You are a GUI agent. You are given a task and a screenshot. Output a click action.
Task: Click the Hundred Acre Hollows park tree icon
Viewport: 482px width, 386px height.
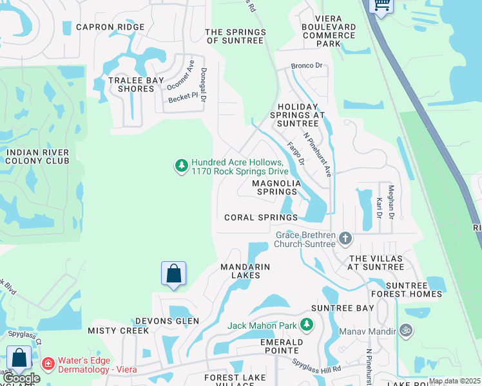pyautogui.click(x=182, y=166)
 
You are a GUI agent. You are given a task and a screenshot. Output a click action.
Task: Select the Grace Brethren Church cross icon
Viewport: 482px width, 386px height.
pyautogui.click(x=345, y=239)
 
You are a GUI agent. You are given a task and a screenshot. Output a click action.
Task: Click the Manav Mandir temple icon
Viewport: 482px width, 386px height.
pyautogui.click(x=405, y=331)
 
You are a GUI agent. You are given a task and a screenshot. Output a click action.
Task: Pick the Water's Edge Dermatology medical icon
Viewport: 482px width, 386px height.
pyautogui.click(x=48, y=364)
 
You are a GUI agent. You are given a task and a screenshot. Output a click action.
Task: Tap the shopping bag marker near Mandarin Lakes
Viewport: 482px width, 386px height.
pyautogui.click(x=173, y=274)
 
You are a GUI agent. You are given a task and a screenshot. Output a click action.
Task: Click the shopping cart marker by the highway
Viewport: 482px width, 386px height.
pyautogui.click(x=381, y=5)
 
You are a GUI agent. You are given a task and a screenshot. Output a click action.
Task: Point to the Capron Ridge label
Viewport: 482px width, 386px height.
pyautogui.click(x=110, y=27)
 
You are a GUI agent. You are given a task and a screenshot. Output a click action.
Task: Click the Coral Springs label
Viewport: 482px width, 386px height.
pyautogui.click(x=261, y=217)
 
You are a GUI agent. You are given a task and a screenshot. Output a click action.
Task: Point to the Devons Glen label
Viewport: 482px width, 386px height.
pyautogui.click(x=167, y=321)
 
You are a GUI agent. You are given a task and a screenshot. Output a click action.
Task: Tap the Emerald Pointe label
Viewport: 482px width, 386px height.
pyautogui.click(x=280, y=346)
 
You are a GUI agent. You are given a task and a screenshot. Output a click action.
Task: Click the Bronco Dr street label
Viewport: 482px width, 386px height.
pyautogui.click(x=306, y=66)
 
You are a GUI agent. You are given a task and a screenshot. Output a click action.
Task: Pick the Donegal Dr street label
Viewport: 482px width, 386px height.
pyautogui.click(x=203, y=85)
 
